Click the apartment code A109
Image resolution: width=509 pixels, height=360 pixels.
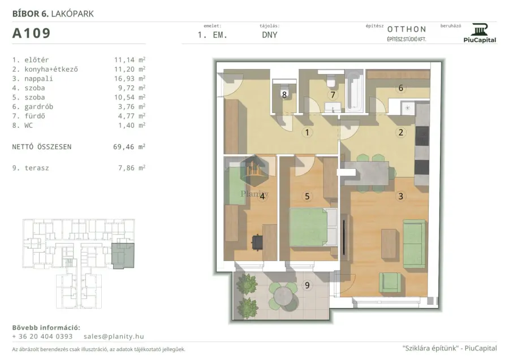tap(32, 33)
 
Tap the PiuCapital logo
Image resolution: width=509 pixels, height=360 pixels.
tap(480, 33)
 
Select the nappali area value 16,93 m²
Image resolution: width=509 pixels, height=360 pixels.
tap(130, 79)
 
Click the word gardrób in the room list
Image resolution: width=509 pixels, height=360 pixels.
tap(38, 107)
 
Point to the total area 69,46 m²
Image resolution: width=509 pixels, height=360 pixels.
tap(129, 146)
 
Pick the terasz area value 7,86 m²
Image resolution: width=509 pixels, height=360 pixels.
tap(131, 168)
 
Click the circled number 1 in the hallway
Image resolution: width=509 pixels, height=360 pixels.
tap(307, 132)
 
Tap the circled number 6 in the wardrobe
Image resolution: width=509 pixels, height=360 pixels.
tap(400, 88)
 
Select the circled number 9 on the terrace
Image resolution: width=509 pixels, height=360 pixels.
tap(307, 285)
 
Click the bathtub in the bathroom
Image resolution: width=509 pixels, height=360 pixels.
tap(355, 92)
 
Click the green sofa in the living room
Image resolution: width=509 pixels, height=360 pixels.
tap(415, 244)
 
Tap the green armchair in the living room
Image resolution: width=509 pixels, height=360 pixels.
tap(390, 283)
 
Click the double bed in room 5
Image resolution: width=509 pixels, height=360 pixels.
tap(313, 227)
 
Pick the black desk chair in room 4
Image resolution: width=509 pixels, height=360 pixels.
tap(257, 242)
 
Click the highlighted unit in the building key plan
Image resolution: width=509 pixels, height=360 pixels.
tap(123, 255)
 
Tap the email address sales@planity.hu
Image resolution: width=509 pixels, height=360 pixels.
tap(114, 336)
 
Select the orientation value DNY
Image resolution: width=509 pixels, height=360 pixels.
tap(269, 35)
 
